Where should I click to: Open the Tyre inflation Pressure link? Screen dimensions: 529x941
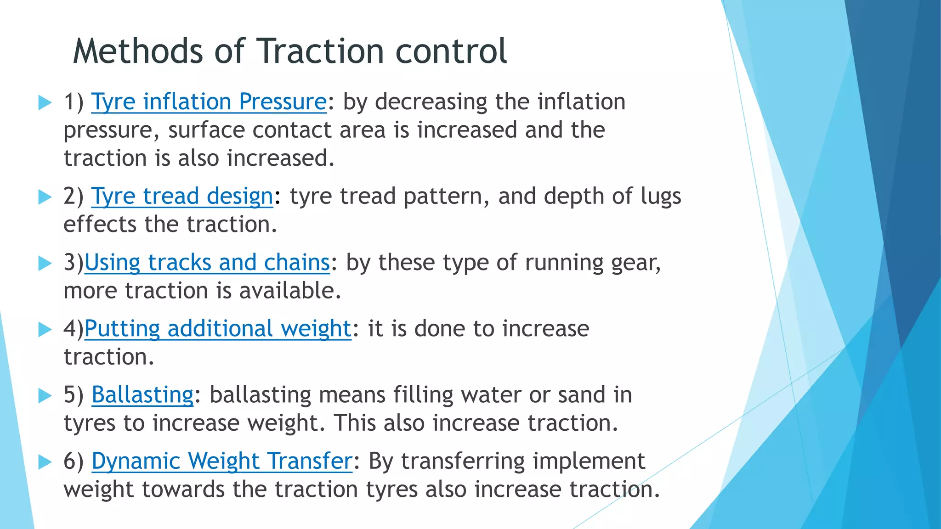click(x=209, y=102)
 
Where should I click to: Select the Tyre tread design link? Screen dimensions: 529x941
click(x=182, y=197)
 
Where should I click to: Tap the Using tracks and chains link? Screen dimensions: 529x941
click(x=207, y=263)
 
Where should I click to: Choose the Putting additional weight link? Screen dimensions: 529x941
click(x=218, y=329)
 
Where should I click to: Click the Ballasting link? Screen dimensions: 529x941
click(x=142, y=395)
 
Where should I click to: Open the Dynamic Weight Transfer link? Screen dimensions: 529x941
click(x=222, y=461)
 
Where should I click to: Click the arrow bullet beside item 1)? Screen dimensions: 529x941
click(x=45, y=102)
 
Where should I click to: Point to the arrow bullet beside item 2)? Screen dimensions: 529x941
click(x=45, y=197)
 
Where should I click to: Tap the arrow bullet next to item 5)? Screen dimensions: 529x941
click(x=45, y=395)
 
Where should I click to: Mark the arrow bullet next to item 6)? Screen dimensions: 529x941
click(x=45, y=461)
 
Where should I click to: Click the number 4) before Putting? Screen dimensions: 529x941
click(x=74, y=329)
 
